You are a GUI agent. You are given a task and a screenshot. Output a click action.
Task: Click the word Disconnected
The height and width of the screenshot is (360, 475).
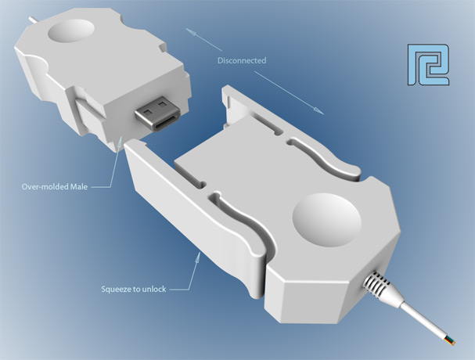click(243, 60)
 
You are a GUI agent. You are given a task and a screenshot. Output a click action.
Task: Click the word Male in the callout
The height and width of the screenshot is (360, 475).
click(94, 186)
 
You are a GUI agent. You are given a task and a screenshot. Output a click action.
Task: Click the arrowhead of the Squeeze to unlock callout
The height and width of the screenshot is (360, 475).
click(195, 250)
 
